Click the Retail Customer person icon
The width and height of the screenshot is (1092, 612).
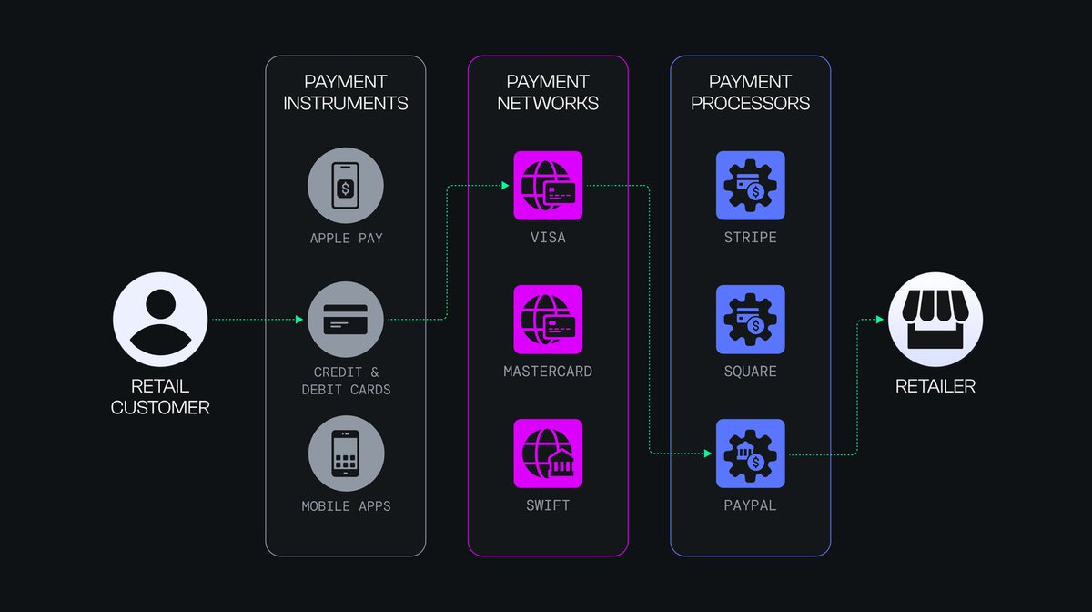pyautogui.click(x=160, y=320)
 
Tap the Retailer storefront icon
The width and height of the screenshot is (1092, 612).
pyautogui.click(x=935, y=320)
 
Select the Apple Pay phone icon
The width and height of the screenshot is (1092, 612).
pyautogui.click(x=346, y=186)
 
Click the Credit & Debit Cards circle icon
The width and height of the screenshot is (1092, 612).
pyautogui.click(x=346, y=320)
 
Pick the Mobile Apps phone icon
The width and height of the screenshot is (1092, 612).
pyautogui.click(x=346, y=454)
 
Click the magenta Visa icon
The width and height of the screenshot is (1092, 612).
pyautogui.click(x=548, y=186)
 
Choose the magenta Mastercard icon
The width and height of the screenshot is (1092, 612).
pyautogui.click(x=548, y=320)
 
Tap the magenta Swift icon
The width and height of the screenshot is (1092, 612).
pyautogui.click(x=548, y=454)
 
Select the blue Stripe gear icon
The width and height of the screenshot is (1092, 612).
pyautogui.click(x=750, y=186)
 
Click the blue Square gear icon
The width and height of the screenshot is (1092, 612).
pyautogui.click(x=750, y=320)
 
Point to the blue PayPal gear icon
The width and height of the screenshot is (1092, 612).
pyautogui.click(x=750, y=454)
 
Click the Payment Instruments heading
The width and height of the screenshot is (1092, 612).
pyautogui.click(x=346, y=92)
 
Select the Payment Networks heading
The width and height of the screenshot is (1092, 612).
pyautogui.click(x=548, y=92)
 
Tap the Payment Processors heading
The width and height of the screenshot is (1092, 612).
pyautogui.click(x=750, y=92)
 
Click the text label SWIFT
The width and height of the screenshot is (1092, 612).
pyautogui.click(x=548, y=505)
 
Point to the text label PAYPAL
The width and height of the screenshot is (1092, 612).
pyautogui.click(x=750, y=505)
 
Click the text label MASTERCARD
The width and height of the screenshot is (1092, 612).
pyautogui.click(x=548, y=372)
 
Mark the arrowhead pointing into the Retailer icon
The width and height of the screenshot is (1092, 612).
pyautogui.click(x=879, y=320)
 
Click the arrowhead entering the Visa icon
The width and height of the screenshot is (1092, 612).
pyautogui.click(x=504, y=186)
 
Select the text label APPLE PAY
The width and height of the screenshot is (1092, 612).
pyautogui.click(x=346, y=239)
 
